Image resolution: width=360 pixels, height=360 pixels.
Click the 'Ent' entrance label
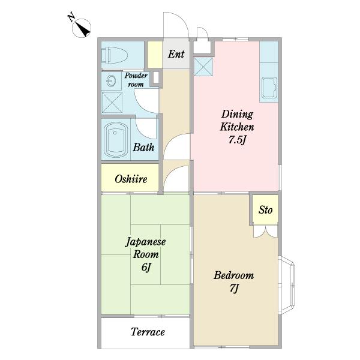point(176,55)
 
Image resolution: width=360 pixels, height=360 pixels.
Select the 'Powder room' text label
point(135,80)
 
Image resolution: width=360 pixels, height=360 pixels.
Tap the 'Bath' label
point(144,147)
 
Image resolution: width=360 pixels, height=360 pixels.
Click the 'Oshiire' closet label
point(131,179)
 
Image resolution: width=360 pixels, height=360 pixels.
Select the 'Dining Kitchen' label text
point(238,120)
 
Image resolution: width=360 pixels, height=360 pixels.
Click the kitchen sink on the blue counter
point(268,89)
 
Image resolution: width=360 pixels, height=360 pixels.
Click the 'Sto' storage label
point(265,210)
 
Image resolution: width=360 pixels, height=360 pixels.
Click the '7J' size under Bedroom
point(234,290)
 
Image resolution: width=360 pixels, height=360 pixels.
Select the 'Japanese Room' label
point(146,248)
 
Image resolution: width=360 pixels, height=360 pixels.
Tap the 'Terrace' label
point(148,332)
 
